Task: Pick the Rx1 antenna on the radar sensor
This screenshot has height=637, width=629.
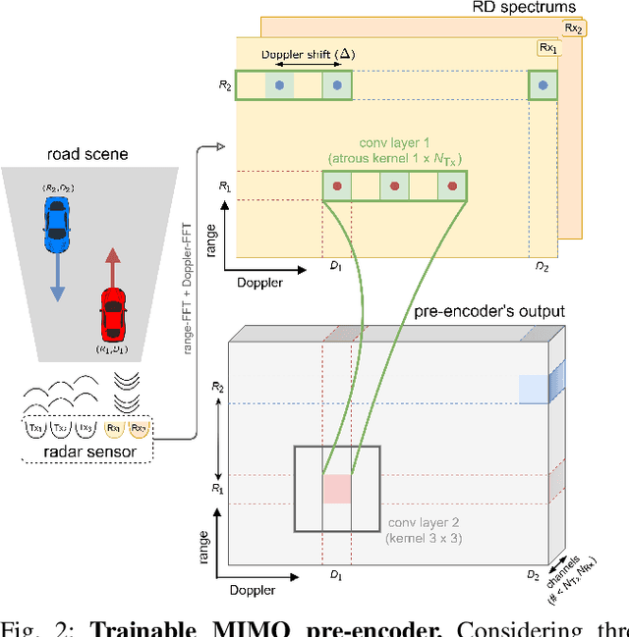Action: pos(114,428)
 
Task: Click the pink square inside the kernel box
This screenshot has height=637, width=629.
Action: pos(337,490)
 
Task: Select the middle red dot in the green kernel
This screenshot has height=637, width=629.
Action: pos(394,186)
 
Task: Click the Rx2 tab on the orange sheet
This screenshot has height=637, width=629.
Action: pos(573,29)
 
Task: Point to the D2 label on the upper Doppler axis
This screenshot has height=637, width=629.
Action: pos(542,267)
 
